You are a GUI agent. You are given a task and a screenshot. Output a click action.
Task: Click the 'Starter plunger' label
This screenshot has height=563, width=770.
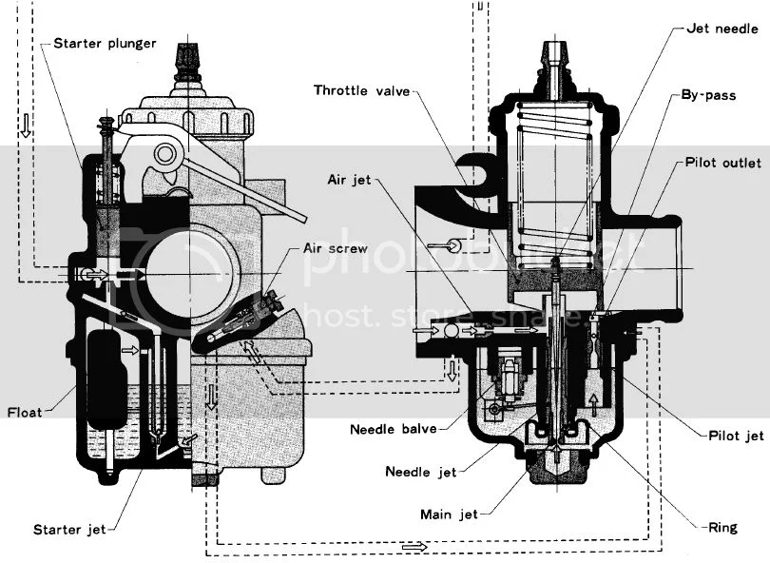pyautogui.click(x=105, y=44)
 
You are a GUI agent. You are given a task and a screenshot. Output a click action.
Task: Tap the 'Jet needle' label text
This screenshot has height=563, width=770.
pyautogui.click(x=722, y=29)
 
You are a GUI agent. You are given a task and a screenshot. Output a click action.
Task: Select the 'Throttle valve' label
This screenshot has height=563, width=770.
pyautogui.click(x=362, y=90)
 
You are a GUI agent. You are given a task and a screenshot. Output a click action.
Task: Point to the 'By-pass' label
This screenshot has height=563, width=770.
pyautogui.click(x=708, y=95)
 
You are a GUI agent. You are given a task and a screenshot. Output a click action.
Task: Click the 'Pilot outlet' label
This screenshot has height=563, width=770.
pyautogui.click(x=723, y=162)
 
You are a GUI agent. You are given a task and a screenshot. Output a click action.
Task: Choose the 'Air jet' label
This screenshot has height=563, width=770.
pyautogui.click(x=350, y=180)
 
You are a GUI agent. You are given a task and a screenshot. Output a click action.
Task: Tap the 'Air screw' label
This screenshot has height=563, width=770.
pyautogui.click(x=336, y=248)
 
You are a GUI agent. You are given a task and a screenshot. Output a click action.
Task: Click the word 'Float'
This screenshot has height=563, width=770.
pyautogui.click(x=25, y=412)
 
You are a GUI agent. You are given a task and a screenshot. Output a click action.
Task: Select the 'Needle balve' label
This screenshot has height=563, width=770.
pyautogui.click(x=394, y=429)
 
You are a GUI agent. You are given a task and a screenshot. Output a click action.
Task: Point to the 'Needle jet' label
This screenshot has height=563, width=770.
pyautogui.click(x=421, y=472)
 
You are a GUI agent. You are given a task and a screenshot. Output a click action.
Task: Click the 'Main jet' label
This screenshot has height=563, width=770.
pyautogui.click(x=449, y=514)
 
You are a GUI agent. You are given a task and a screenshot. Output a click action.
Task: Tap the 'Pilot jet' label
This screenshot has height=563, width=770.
pyautogui.click(x=736, y=436)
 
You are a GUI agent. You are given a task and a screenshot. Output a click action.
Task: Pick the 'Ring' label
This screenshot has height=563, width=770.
pyautogui.click(x=722, y=528)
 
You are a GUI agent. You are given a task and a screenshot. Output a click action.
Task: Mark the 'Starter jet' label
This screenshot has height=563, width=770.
pyautogui.click(x=69, y=530)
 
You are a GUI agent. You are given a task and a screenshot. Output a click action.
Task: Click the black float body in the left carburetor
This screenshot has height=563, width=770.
pyautogui.click(x=106, y=379)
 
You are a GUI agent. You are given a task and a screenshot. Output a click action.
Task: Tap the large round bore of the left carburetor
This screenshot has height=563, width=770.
pyautogui.click(x=189, y=273)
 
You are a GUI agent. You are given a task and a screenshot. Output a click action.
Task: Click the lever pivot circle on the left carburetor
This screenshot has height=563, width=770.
pyautogui.click(x=165, y=154)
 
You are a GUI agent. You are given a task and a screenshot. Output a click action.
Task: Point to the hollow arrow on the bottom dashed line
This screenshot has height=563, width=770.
pyautogui.click(x=414, y=546)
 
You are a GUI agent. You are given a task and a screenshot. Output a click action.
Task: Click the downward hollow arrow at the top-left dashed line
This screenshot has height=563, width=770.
pyautogui.click(x=26, y=126)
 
